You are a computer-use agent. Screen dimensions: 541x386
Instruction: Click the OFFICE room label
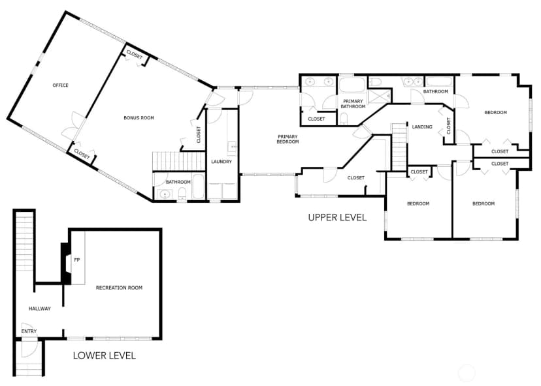(x=60, y=85)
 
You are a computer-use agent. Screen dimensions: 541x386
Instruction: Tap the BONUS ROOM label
(x=139, y=118)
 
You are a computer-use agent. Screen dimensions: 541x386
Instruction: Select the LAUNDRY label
(x=221, y=162)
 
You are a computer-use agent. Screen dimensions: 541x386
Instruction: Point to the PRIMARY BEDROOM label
(x=287, y=139)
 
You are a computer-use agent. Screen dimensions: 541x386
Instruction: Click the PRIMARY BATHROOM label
(x=353, y=104)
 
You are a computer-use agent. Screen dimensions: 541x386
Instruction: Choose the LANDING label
(x=422, y=126)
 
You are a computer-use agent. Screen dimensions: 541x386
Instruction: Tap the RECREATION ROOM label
(x=119, y=288)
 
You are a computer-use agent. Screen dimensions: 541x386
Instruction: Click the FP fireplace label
(x=77, y=260)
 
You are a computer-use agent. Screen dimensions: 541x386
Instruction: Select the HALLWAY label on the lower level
(x=40, y=308)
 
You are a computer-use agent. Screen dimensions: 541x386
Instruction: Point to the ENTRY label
(x=29, y=331)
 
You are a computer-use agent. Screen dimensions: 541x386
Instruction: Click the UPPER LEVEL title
(x=337, y=217)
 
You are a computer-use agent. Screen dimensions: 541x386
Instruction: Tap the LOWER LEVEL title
(x=104, y=355)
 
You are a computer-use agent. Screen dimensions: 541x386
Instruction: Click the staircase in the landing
(x=399, y=147)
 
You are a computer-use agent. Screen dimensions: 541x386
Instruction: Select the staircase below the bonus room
(x=179, y=161)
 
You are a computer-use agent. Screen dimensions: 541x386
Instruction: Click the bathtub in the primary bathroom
(x=352, y=85)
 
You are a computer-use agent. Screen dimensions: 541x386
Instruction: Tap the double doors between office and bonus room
(x=74, y=126)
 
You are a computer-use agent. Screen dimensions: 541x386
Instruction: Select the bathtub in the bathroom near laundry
(x=198, y=186)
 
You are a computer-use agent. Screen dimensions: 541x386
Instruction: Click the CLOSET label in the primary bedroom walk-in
(x=355, y=177)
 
